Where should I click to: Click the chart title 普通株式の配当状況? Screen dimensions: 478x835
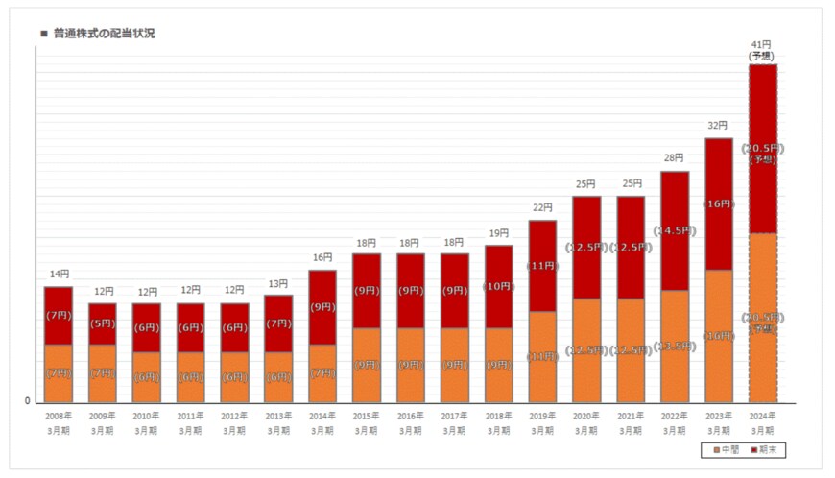coord(104,34)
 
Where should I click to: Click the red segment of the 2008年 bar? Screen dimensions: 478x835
coord(59,315)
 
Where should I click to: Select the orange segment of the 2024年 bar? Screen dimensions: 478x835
coord(762,317)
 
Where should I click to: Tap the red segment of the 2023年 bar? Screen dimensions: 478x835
coord(719,203)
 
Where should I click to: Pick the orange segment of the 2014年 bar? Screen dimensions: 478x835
coord(322,372)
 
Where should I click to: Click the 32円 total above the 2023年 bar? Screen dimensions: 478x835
coord(718,126)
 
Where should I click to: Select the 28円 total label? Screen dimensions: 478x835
coord(674,158)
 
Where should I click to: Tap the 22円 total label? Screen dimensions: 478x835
coord(542,207)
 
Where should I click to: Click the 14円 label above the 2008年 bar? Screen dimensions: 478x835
coord(59,274)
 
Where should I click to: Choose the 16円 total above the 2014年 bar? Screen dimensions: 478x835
coord(322,257)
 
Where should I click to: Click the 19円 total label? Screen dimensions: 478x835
coord(498,232)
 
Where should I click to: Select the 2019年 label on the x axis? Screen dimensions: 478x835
coord(542,416)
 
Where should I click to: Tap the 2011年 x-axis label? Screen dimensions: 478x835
coord(190,416)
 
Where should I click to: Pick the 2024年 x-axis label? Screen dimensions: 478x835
coord(762,416)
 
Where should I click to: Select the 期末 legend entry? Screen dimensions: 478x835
coord(767,449)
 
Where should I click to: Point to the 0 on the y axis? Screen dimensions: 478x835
coord(27,401)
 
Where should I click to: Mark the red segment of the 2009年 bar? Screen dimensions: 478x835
coord(103,323)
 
